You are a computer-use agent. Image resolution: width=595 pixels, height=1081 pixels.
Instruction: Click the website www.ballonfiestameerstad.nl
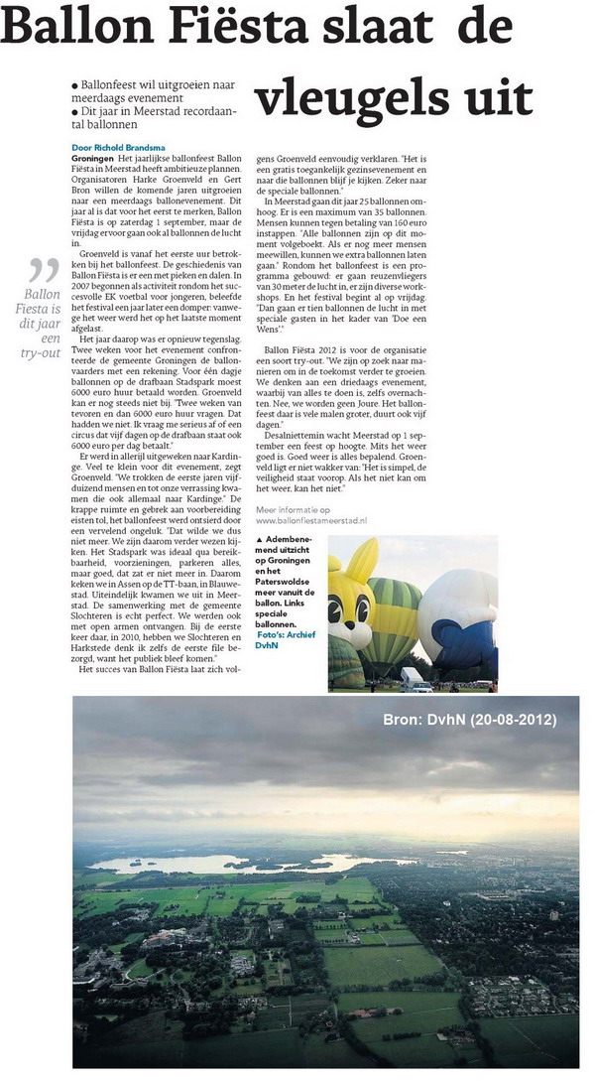click(316, 519)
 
